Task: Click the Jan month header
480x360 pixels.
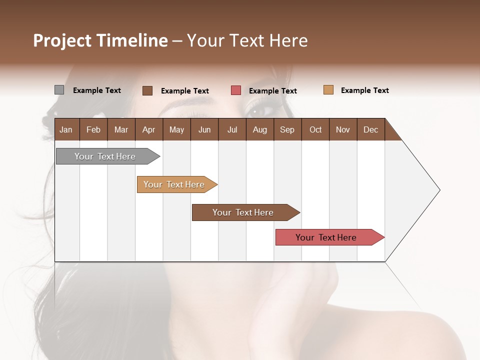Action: [x=66, y=129]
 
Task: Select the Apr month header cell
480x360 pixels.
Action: [x=148, y=129]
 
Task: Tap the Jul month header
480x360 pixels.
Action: [x=232, y=129]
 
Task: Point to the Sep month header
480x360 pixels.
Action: [x=287, y=129]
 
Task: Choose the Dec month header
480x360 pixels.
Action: [x=370, y=129]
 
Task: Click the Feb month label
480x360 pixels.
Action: [x=93, y=129]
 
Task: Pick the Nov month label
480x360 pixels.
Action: [x=342, y=129]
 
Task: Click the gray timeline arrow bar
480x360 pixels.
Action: [x=105, y=156]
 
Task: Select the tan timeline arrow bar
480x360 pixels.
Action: [x=174, y=184]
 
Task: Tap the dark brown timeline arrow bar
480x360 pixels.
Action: [x=243, y=212]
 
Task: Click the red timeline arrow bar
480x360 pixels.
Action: [x=326, y=237]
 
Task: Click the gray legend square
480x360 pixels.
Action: [x=59, y=90]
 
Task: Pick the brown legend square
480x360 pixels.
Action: [x=147, y=90]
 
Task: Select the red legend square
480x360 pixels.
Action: [x=236, y=90]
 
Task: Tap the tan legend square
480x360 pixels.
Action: [x=328, y=90]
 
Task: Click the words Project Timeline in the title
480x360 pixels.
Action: [x=100, y=40]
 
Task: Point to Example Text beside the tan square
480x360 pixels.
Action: [x=364, y=90]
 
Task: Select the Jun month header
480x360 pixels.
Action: [x=204, y=129]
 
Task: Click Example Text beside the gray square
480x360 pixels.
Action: [x=97, y=90]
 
